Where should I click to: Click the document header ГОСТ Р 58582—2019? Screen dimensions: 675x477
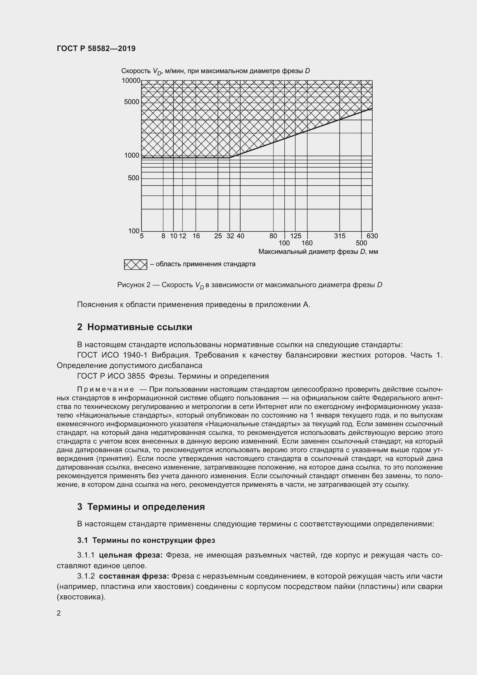[x=96, y=48]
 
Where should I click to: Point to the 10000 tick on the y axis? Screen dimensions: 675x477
[x=131, y=81]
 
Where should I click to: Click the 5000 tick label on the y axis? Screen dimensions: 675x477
[x=132, y=102]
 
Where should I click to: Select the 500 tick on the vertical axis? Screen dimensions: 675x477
[x=133, y=178]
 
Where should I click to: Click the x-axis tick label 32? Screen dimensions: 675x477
[x=230, y=236]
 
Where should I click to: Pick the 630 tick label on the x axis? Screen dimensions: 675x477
[x=372, y=236]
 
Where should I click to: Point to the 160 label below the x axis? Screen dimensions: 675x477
[x=307, y=243]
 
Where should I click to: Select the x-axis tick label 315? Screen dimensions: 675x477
[x=340, y=236]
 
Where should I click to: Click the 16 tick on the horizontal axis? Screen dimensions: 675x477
[x=196, y=236]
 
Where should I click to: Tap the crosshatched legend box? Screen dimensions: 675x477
[x=136, y=265]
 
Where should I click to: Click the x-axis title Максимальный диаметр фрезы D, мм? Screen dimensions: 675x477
[x=318, y=252]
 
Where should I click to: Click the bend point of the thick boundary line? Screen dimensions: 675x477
[x=230, y=158]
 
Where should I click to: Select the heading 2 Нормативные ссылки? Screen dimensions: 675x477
[x=134, y=327]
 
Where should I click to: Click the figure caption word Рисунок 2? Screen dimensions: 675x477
[x=134, y=285]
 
